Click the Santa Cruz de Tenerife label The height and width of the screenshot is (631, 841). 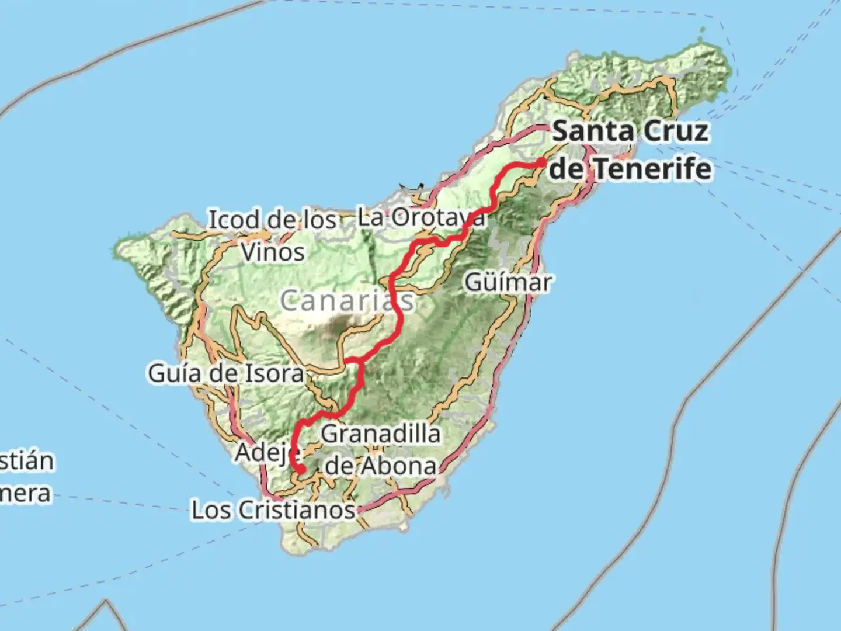pyautogui.click(x=631, y=150)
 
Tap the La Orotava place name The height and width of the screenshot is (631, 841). pyautogui.click(x=420, y=218)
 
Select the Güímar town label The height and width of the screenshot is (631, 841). pyautogui.click(x=508, y=283)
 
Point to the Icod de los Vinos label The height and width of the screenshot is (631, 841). pyautogui.click(x=273, y=236)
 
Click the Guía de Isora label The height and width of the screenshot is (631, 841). pyautogui.click(x=225, y=373)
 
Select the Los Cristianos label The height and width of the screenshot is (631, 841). pyautogui.click(x=273, y=510)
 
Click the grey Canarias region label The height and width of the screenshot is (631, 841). pyautogui.click(x=347, y=301)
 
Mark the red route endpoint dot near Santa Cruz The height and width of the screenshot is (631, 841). pyautogui.click(x=541, y=162)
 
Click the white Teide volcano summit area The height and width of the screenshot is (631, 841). pyautogui.click(x=338, y=323)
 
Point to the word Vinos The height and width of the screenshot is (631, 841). pyautogui.click(x=273, y=253)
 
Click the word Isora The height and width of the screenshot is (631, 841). pyautogui.click(x=273, y=373)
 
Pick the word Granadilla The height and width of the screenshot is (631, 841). pyautogui.click(x=381, y=434)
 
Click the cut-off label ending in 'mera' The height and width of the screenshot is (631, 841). pyautogui.click(x=25, y=494)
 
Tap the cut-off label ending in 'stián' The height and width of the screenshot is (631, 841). pyautogui.click(x=26, y=461)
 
